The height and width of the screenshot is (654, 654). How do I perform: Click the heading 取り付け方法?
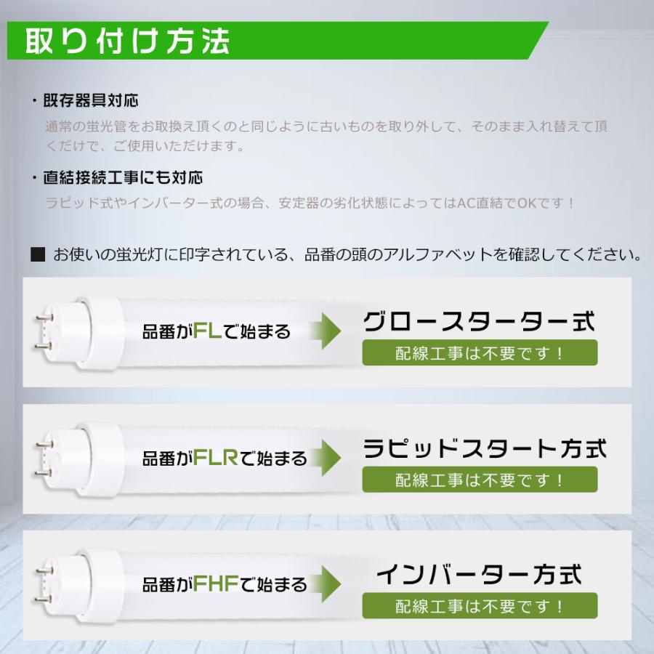[x=128, y=42]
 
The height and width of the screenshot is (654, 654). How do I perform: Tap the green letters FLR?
[x=215, y=459]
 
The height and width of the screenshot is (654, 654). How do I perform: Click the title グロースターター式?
[x=479, y=322]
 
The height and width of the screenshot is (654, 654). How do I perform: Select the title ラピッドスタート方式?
[x=484, y=448]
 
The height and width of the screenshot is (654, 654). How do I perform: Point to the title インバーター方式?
[x=479, y=575]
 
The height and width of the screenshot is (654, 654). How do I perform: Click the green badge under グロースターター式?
[x=480, y=353]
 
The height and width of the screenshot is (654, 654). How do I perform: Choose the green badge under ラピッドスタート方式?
[x=480, y=480]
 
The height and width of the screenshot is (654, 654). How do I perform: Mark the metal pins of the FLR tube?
[x=43, y=457]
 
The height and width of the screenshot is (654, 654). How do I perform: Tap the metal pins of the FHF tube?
[x=43, y=583]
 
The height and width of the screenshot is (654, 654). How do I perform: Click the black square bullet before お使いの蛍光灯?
[x=39, y=255]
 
